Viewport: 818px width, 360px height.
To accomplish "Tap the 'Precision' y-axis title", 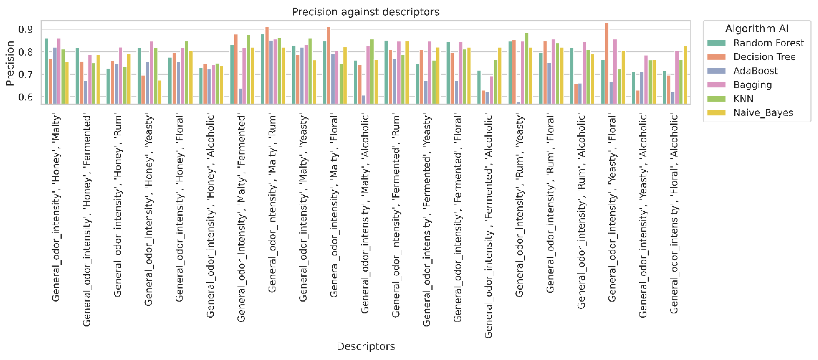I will pos(10,63).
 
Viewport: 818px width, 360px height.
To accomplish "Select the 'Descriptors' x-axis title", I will pos(365,346).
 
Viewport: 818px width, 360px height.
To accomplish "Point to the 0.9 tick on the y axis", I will pos(25,30).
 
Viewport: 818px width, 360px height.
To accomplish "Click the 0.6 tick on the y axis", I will pos(25,97).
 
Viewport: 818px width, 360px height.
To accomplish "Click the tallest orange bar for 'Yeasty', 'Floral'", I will pos(607,63).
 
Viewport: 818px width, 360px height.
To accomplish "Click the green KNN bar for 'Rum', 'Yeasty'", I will pos(526,68).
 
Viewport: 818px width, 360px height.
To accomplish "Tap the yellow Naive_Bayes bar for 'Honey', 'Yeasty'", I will pos(160,92).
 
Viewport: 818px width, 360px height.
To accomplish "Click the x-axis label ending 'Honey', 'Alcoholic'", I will pos(210,216).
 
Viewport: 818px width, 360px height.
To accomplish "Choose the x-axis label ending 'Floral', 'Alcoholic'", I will pos(674,214).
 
